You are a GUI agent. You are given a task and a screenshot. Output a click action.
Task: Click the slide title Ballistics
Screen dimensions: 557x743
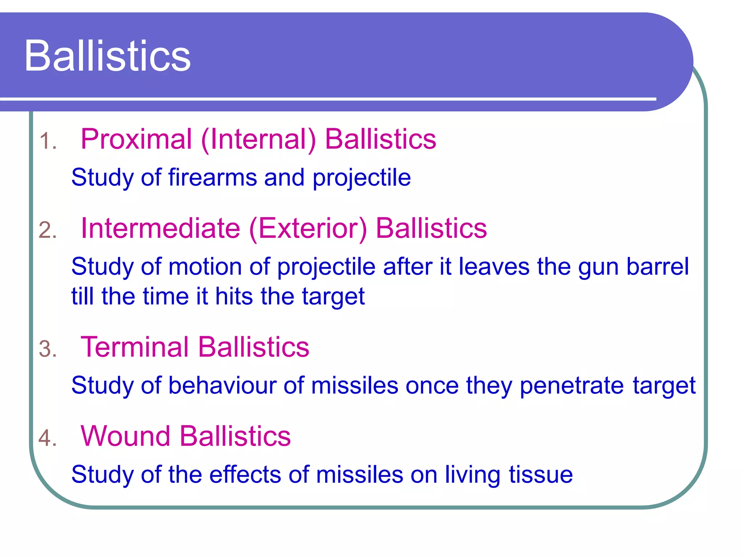coord(107,56)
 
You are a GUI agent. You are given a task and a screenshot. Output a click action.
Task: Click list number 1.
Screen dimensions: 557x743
coord(48,141)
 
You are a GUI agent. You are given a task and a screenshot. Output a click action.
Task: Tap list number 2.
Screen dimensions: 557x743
coord(48,230)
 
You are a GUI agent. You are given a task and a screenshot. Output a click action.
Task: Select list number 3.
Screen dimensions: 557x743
coord(48,349)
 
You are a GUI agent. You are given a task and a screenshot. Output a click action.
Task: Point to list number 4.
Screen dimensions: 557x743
coord(48,438)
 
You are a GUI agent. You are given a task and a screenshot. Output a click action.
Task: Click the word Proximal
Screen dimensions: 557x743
coord(136,139)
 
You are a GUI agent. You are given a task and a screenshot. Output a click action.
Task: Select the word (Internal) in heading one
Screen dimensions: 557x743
coord(258,140)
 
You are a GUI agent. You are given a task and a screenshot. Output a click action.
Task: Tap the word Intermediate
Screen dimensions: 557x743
coord(160,228)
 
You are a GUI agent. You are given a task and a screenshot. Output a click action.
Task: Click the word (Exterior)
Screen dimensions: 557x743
coord(308,229)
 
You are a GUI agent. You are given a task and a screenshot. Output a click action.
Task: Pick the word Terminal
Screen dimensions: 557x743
coord(135,347)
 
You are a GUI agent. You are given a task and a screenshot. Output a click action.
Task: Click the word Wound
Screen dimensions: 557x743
coord(125,436)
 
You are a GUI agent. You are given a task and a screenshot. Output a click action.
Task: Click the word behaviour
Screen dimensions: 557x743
coord(222,385)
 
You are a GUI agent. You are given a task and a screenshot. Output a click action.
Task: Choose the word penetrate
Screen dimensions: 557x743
coord(572,386)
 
